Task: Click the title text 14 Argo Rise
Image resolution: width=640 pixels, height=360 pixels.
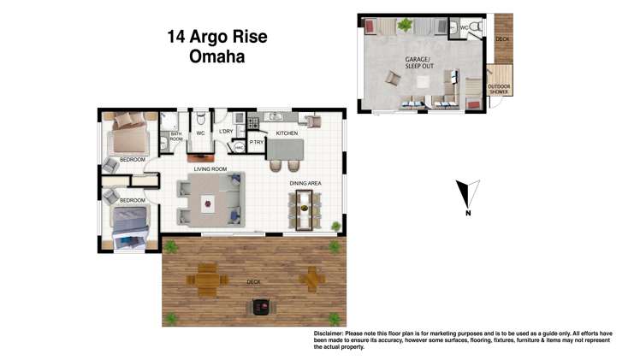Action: point(216,37)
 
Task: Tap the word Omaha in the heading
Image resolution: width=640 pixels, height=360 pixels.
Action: point(216,58)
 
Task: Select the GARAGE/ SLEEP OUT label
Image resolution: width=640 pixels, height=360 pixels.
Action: point(419,62)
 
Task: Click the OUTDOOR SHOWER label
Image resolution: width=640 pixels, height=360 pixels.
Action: point(499,89)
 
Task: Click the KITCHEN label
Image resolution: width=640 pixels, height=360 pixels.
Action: point(286,134)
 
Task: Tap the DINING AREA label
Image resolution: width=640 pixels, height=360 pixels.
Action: point(304,181)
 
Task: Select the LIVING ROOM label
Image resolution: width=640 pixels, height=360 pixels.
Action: point(210,169)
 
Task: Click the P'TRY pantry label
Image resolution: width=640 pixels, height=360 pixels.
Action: point(257,143)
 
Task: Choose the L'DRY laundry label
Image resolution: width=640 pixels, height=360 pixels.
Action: point(226,132)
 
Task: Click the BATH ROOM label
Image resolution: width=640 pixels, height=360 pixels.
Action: point(176,136)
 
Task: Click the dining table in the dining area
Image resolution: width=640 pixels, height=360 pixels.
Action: point(305,208)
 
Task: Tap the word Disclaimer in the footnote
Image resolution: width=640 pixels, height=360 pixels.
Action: point(329,333)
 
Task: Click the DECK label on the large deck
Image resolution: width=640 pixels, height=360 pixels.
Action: point(253,282)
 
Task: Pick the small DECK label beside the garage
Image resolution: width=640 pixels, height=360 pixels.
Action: point(502,38)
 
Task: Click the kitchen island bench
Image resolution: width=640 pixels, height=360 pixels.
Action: point(286,153)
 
